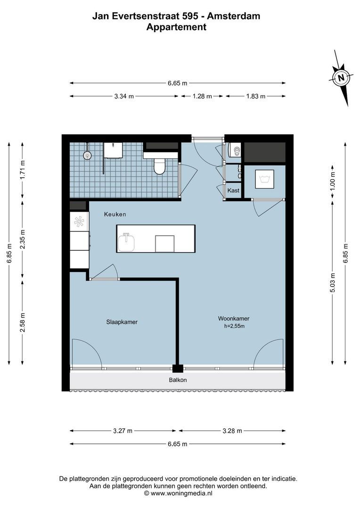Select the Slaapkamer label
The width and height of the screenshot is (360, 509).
tap(122, 322)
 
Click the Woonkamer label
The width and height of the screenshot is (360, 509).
tap(234, 318)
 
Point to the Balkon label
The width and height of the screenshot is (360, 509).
tap(178, 380)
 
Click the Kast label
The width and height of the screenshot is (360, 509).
tap(233, 190)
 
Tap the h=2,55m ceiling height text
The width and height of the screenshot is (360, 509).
tap(234, 326)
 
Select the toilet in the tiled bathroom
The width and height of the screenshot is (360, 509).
tap(160, 165)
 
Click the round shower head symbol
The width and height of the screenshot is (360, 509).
tap(87, 155)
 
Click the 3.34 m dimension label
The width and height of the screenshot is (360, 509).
tap(124, 96)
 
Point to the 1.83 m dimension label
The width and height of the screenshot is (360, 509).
tap(255, 96)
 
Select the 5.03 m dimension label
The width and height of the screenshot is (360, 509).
tap(333, 283)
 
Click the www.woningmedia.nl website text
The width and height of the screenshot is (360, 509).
tap(181, 493)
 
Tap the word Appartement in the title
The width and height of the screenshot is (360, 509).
tap(176, 27)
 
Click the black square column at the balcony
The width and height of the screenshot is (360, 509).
tap(178, 369)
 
